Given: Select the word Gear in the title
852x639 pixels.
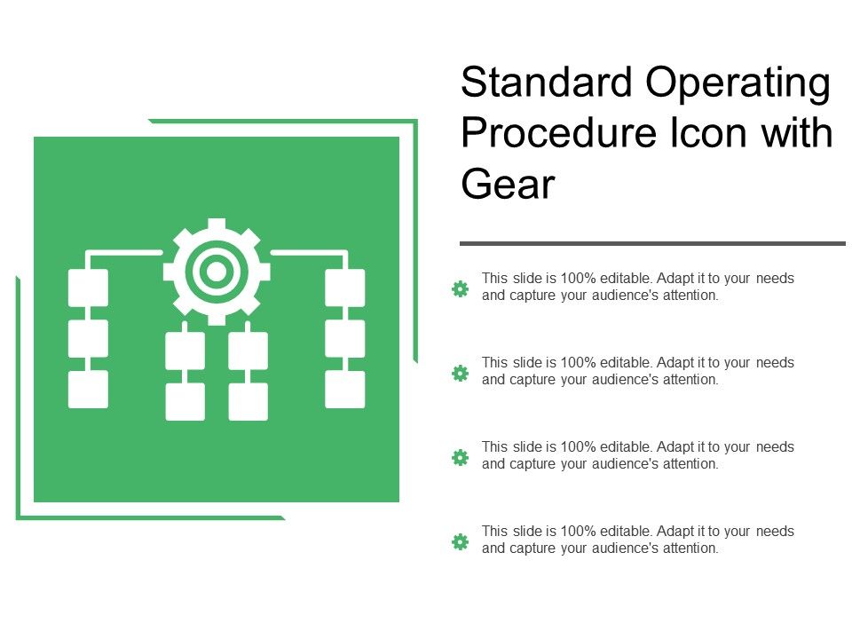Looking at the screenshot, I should click(508, 185).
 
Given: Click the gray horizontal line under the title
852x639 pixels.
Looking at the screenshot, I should click(652, 243).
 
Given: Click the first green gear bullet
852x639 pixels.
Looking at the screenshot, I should click(460, 288).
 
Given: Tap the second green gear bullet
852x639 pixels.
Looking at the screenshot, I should click(460, 373).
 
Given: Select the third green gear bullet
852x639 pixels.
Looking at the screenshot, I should click(460, 457).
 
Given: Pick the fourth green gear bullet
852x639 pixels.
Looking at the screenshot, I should click(460, 541).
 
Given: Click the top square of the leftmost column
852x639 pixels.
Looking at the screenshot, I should click(88, 288).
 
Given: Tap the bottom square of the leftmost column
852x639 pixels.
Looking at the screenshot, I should click(88, 389).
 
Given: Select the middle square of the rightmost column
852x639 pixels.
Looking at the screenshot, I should click(344, 338).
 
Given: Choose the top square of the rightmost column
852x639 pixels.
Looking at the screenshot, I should click(344, 288).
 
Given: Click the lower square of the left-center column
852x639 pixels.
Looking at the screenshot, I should click(185, 401).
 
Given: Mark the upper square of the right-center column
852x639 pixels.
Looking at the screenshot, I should click(248, 351).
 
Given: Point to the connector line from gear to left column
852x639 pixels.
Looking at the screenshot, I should click(124, 253).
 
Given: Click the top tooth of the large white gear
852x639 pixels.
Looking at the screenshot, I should click(216, 225).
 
